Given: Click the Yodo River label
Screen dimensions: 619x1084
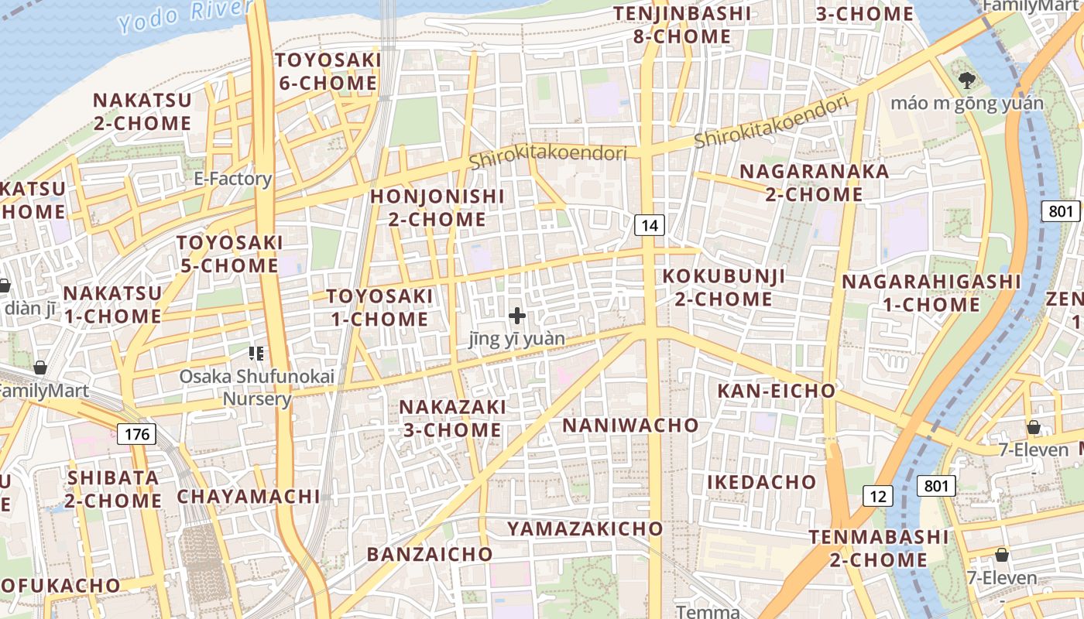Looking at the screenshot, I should tap(185, 15).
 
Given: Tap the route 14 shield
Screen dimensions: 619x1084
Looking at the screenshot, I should tap(650, 225).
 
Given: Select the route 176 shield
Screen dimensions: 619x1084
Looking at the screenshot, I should tap(136, 434).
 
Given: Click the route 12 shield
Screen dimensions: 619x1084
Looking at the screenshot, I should tap(877, 496).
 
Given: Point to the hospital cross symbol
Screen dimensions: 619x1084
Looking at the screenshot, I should tap(517, 316).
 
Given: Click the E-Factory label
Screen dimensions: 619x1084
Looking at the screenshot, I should tap(232, 179).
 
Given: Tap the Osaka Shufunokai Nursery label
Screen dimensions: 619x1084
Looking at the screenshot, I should tap(257, 388).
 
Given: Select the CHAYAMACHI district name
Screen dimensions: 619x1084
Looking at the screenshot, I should tap(249, 496).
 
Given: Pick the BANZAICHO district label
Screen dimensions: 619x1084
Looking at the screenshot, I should tap(430, 554).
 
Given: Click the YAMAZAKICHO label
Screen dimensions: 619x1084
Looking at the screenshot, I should tap(585, 528).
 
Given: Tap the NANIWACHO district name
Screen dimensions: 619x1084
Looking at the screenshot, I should tap(630, 425).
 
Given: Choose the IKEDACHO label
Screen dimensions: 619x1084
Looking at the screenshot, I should tap(762, 482).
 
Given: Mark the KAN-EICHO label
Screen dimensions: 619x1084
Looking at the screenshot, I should tap(777, 391).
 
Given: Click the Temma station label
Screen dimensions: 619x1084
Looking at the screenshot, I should tap(708, 611).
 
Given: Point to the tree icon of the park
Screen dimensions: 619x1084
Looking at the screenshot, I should tap(966, 79).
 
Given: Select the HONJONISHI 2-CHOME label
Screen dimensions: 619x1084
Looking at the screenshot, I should tap(437, 207).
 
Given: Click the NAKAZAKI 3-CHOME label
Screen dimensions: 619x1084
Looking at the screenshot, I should tap(452, 418).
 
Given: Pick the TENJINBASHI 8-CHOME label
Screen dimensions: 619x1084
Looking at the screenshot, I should tap(682, 25).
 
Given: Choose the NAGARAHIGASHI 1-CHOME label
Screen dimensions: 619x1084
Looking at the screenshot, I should tap(931, 292).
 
